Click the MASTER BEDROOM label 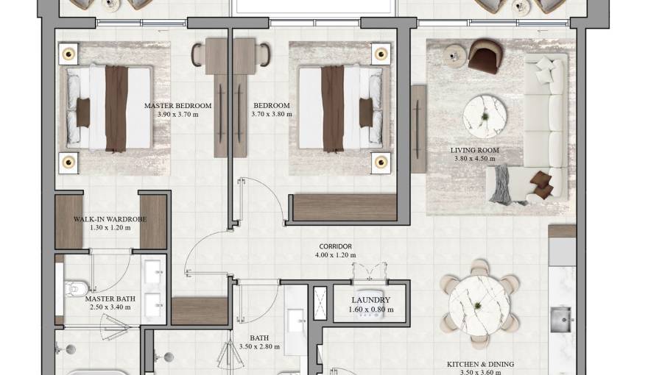click(177, 106)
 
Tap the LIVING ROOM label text click(474, 150)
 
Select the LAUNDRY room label click(370, 300)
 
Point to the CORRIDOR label click(335, 246)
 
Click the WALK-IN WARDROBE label click(110, 219)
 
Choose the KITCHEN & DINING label click(480, 364)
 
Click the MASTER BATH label click(110, 299)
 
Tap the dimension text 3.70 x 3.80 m click(271, 114)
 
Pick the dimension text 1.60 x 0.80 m click(370, 310)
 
